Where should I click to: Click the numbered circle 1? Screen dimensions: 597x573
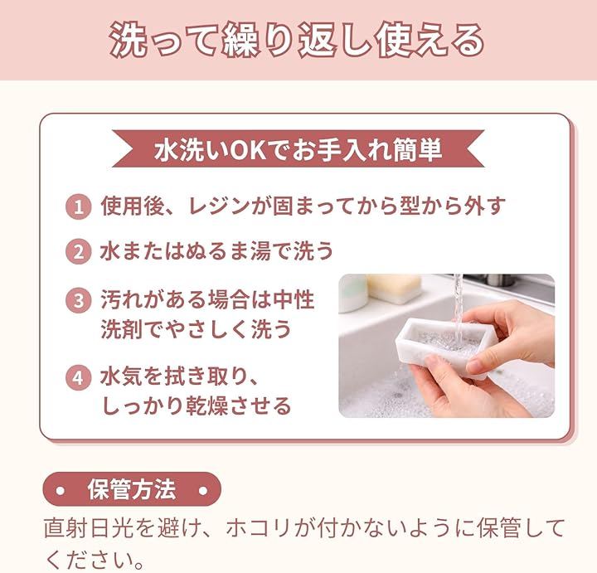tap(78, 207)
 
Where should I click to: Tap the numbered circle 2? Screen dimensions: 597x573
tap(78, 251)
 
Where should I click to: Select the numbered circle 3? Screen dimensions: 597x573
tap(78, 300)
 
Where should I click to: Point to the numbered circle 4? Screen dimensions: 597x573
tap(78, 377)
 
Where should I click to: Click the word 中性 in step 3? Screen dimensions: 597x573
tap(294, 299)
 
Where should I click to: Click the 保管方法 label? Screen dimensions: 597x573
tap(132, 489)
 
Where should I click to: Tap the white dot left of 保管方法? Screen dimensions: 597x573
tap(61, 490)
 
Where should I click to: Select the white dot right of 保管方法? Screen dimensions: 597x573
tap(203, 490)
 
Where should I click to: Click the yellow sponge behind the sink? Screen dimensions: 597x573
tap(394, 289)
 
